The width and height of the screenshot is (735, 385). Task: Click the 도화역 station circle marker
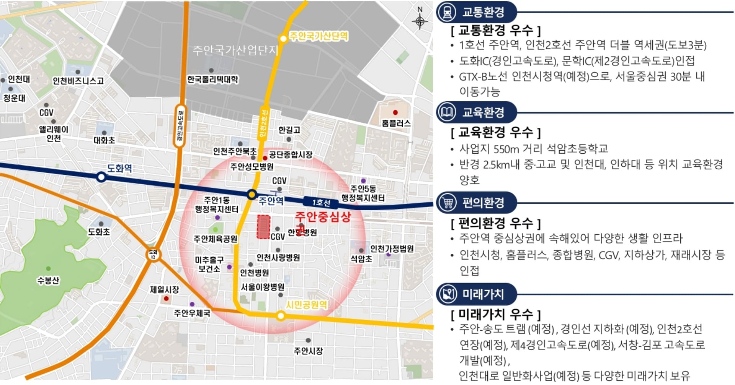point(101,177)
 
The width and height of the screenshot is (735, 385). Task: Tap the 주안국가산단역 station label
point(318,36)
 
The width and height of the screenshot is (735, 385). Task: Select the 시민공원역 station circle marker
point(281,316)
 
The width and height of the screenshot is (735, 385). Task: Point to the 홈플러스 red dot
point(395,112)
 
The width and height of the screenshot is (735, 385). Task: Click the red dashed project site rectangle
point(263,227)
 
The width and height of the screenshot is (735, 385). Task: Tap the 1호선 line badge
point(321,203)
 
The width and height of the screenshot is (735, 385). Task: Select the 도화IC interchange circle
point(153,255)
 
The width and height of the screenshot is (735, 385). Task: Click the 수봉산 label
point(48,280)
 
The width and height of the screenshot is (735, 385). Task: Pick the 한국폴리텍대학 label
point(212,80)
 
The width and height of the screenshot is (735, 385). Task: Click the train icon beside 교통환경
point(447,12)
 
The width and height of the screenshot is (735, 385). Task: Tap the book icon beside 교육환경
point(447,112)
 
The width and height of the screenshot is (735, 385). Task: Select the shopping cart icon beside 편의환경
point(447,202)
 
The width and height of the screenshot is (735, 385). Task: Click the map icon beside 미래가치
point(447,294)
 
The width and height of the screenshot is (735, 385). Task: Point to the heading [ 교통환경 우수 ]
point(496,30)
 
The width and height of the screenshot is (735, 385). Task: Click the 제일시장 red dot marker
point(166,298)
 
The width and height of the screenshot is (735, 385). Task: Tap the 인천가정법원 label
point(392,249)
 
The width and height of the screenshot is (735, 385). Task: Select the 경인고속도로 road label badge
point(180,125)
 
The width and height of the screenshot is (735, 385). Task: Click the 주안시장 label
point(308,351)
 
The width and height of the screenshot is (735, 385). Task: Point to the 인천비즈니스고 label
point(78,81)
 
